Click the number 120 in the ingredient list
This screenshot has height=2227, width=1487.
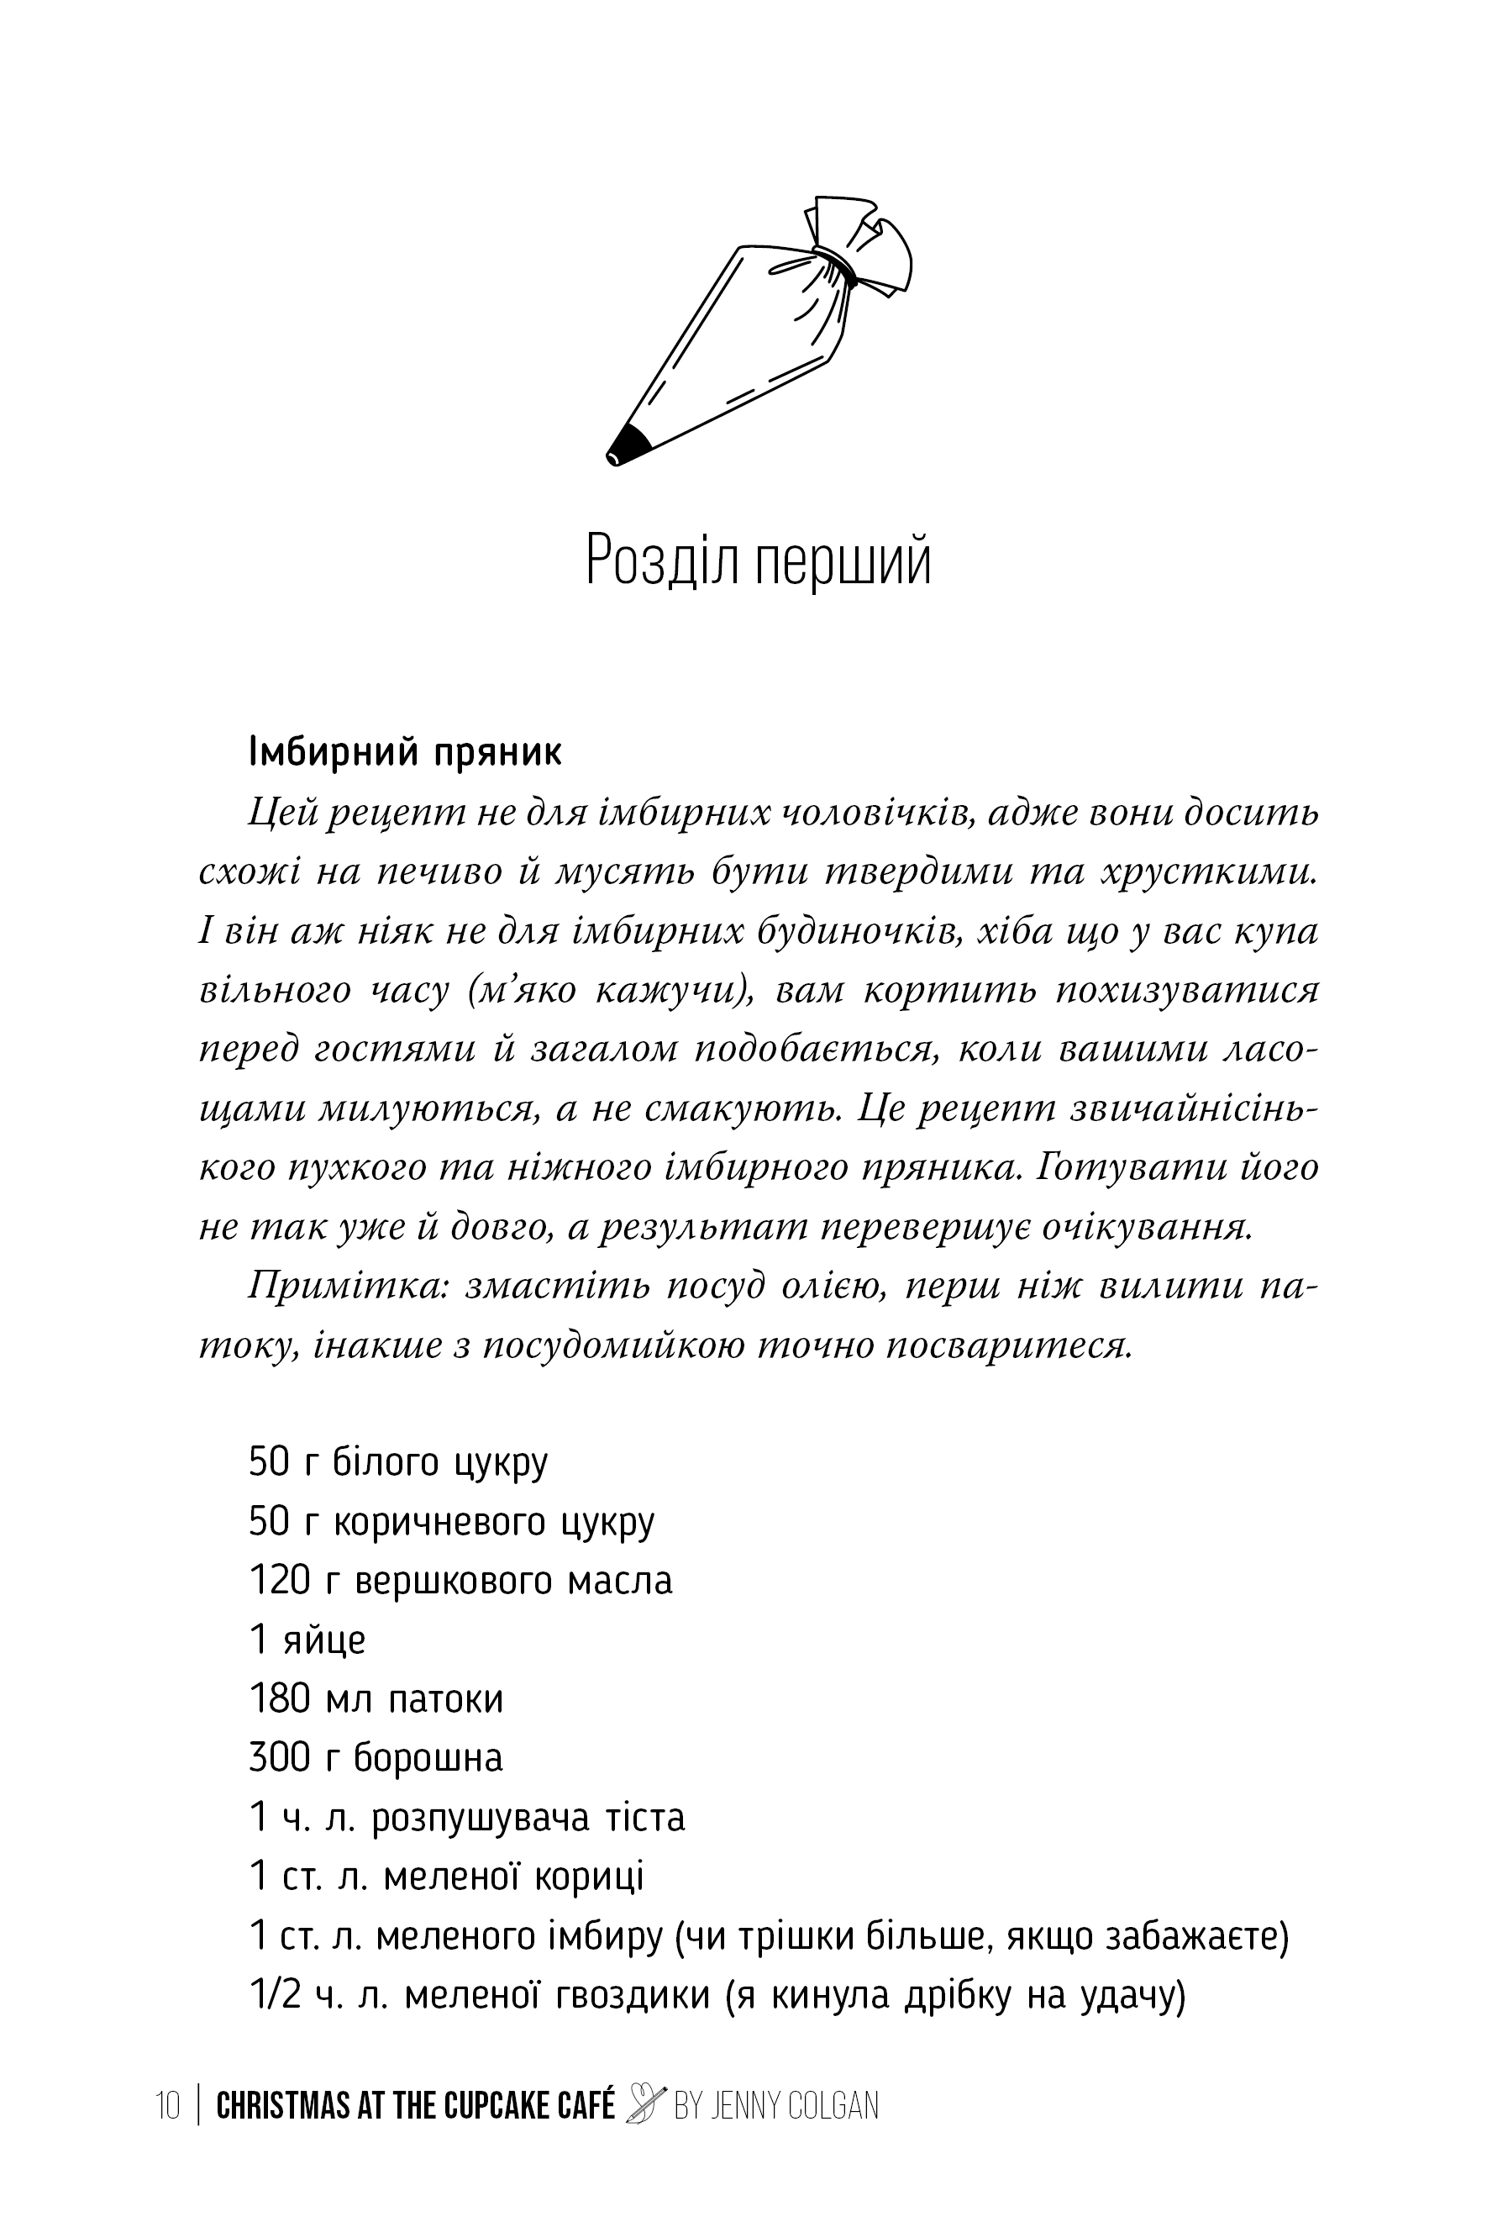tap(280, 1581)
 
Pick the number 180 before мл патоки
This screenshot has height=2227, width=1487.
tap(280, 1698)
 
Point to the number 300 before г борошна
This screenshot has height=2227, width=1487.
tap(280, 1758)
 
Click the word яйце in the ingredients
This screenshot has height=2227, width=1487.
tap(324, 1640)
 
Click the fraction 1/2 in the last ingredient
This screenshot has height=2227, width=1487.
tap(275, 1994)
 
